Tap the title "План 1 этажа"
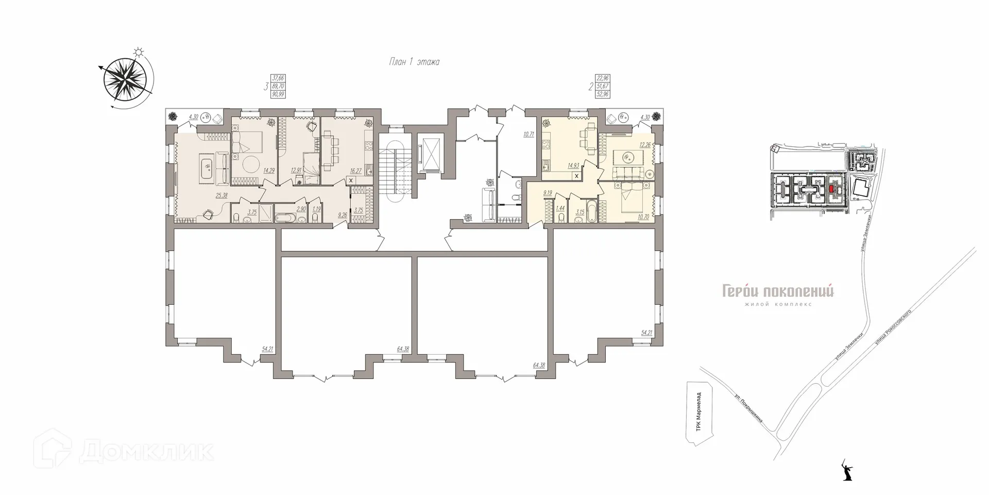(414, 62)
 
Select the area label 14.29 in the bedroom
(268, 169)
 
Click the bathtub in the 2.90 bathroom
(285, 219)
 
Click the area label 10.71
(528, 135)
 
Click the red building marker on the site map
(831, 189)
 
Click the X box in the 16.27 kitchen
(350, 180)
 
